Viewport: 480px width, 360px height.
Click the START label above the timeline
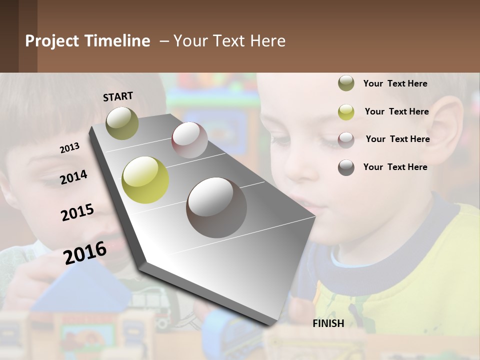118,96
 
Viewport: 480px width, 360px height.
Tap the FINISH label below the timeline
328,323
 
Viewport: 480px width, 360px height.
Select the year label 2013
69,147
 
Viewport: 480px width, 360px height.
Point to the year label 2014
73,177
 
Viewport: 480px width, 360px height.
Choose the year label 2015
77,212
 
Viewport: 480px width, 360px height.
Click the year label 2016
85,252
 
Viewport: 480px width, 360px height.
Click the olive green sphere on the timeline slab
122,123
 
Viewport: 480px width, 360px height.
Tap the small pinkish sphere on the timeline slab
189,140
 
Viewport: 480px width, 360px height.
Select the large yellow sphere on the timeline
145,180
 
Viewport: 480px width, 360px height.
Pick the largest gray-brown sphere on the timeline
216,207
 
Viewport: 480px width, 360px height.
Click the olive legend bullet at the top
346,83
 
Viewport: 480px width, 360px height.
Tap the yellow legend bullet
346,112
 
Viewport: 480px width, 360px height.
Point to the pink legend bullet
346,139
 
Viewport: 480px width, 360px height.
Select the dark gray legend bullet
346,167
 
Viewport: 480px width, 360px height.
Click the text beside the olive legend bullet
395,83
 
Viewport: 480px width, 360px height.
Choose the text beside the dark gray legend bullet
395,167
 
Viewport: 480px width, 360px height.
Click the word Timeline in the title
117,41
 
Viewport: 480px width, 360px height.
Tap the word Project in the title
52,41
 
